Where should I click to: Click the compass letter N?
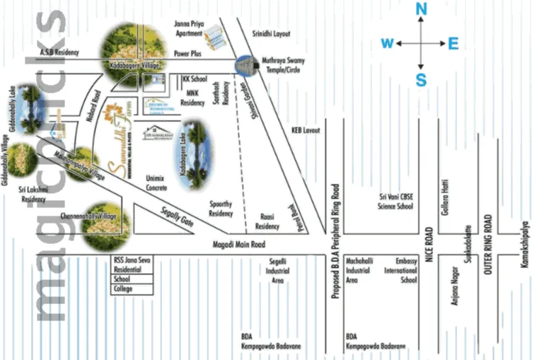coord(421,9)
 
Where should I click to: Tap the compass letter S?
coord(421,80)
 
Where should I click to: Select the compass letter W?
coord(387,44)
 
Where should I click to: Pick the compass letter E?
coord(454,44)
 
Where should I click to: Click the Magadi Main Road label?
coord(238,245)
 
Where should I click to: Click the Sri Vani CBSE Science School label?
coord(395,202)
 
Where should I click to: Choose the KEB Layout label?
coord(306,131)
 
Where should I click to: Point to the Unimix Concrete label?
coord(156,183)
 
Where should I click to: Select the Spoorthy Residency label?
coord(221,209)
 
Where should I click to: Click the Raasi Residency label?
coord(267,222)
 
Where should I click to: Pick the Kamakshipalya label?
coord(524,248)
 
